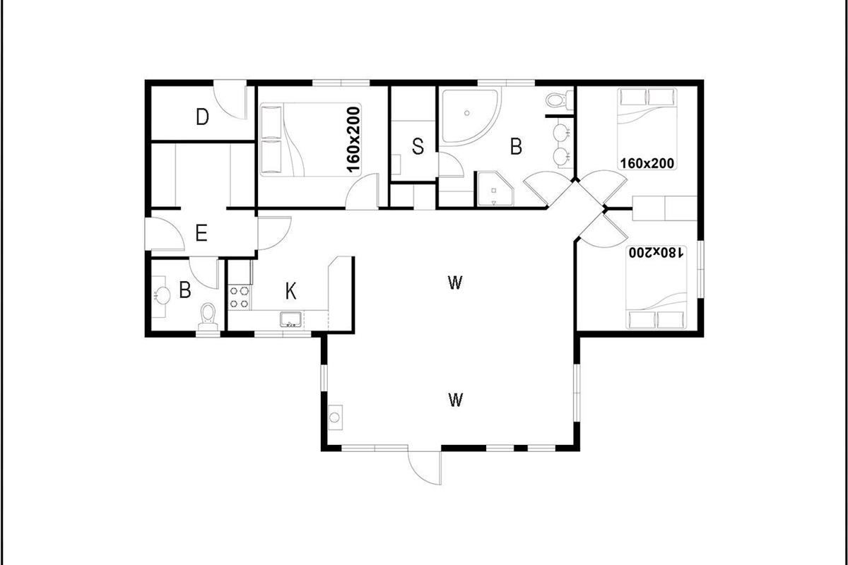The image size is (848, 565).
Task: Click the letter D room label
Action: tap(203, 117)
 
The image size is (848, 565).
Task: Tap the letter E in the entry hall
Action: tap(201, 233)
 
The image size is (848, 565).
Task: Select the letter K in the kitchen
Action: tap(290, 292)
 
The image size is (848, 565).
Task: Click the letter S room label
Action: tap(418, 146)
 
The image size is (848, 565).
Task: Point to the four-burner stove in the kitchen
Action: tap(240, 297)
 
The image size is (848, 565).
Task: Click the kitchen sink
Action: tap(290, 319)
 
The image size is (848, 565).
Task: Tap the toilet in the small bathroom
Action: tap(208, 319)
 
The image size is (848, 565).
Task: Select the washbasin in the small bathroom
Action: tap(162, 295)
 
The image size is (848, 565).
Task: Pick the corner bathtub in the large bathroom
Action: tap(470, 117)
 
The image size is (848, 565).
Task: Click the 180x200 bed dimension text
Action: tap(656, 252)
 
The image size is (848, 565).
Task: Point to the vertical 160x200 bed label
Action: tap(353, 140)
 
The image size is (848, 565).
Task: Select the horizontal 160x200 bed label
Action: tap(647, 163)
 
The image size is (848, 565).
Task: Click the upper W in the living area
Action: tap(455, 282)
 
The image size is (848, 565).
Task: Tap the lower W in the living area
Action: tap(455, 400)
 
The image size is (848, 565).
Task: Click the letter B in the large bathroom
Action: tap(516, 146)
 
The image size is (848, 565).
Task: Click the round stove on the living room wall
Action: tap(335, 417)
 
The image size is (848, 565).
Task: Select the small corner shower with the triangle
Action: tap(495, 189)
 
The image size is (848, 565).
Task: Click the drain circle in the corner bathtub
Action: tap(467, 113)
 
